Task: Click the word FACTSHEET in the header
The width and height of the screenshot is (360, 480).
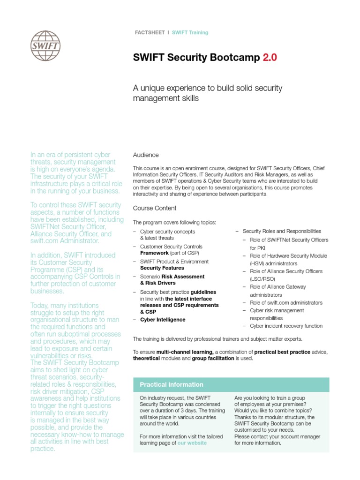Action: pos(150,33)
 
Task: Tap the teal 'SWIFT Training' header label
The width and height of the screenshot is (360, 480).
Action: pos(190,33)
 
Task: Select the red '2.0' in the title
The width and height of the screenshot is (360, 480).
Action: pos(270,58)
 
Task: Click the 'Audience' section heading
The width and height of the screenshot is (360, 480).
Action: pos(146,155)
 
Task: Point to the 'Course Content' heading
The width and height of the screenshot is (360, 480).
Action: pos(155,208)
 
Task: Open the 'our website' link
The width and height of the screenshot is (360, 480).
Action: pos(192,443)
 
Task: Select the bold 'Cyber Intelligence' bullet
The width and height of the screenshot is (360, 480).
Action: pos(163,320)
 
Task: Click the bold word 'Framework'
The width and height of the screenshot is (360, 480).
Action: pos(154,253)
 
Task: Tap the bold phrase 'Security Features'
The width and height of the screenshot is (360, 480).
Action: pos(162,268)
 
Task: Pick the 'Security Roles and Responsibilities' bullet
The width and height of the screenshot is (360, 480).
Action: pos(282,231)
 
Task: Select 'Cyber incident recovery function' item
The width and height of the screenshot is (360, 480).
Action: pos(286,326)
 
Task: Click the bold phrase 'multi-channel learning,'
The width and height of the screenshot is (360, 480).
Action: pos(185,352)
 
